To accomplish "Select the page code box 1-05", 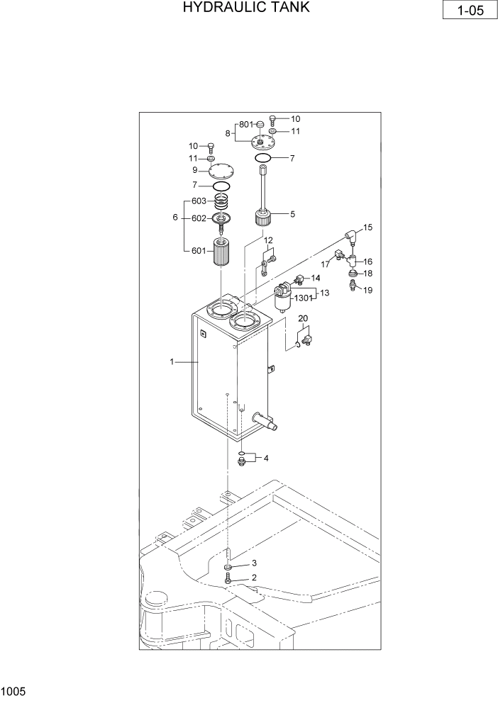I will tap(467, 12).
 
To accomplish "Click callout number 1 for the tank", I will tap(172, 362).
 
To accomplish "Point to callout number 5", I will tap(292, 213).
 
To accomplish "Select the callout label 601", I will tap(199, 249).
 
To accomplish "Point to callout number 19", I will tap(368, 290).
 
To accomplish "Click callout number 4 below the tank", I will tap(266, 458).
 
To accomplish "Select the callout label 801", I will tap(245, 125).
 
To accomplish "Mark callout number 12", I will tap(269, 241).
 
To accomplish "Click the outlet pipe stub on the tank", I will tap(272, 424).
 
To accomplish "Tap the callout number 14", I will tap(316, 277).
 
